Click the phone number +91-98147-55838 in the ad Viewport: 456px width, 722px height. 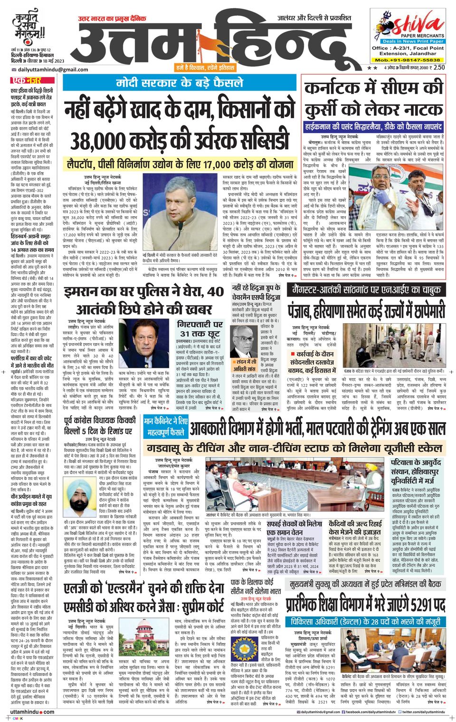pos(408,60)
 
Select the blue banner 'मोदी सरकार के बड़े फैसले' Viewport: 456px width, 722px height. pos(180,82)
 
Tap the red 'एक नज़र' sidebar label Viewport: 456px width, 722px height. pos(27,80)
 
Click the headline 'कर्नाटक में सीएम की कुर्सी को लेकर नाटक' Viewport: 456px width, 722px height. pos(374,100)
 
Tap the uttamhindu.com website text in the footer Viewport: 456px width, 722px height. pos(32,712)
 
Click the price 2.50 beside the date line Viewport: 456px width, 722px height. pos(438,67)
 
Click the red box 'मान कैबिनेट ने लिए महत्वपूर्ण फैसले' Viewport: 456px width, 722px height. pos(166,426)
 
